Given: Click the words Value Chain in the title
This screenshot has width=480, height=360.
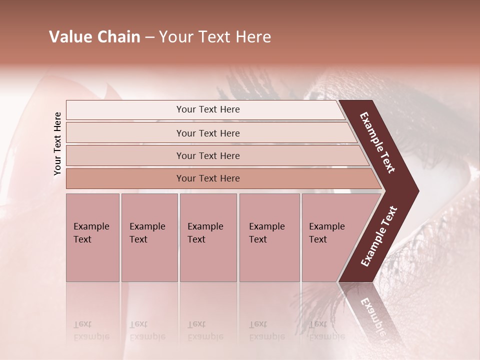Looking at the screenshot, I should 94,37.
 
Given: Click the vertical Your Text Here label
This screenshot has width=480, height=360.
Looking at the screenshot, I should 57,144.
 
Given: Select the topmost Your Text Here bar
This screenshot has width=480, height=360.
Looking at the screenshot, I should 208,109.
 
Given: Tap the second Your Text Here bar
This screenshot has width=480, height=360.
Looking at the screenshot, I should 208,133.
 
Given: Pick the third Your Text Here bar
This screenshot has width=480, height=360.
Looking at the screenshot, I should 208,155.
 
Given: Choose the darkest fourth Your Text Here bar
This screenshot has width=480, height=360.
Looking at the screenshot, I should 208,178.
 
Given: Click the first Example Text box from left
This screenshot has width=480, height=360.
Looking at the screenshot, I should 92,237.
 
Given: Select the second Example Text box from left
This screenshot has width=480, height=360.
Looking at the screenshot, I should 149,237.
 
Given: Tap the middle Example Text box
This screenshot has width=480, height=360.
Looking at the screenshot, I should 208,237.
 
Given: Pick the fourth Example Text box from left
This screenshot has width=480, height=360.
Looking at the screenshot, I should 269,237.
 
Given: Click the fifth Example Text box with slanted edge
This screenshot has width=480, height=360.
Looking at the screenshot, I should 330,237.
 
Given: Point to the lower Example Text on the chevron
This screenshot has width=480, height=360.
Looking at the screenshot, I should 378,236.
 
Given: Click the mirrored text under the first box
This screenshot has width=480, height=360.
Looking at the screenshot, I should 91,330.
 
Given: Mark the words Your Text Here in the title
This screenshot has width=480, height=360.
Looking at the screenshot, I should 215,37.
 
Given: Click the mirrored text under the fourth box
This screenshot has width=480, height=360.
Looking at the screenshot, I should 266,330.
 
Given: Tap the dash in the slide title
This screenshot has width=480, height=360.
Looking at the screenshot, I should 149,37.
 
